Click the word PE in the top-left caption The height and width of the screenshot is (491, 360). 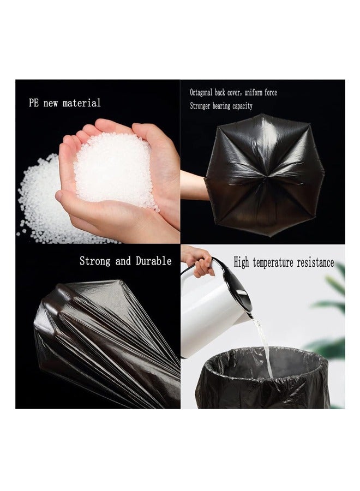34,103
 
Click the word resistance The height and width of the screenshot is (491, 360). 315,263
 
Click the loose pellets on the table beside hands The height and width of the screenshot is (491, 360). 41,202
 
